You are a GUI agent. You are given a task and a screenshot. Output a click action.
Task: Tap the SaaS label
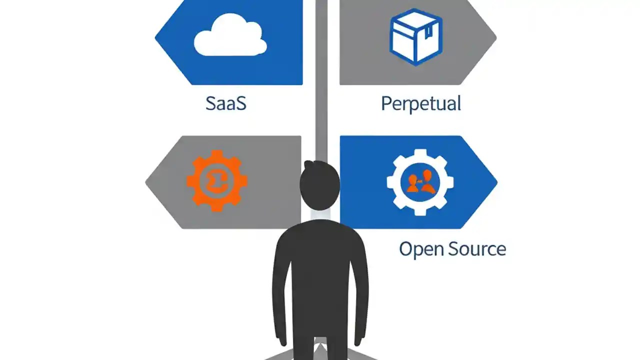226,103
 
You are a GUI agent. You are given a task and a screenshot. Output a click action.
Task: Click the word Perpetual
420,104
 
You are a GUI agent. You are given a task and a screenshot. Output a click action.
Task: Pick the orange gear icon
217,180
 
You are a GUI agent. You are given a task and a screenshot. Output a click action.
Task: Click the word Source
476,248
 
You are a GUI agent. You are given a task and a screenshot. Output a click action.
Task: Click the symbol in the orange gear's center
216,181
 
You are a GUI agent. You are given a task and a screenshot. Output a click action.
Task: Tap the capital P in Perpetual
386,103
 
